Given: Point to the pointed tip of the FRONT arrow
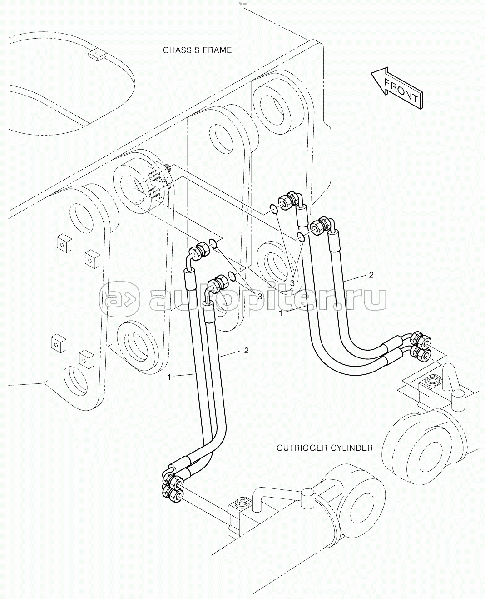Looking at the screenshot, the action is [x=371, y=73].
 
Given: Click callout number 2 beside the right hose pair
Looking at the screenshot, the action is [x=371, y=275].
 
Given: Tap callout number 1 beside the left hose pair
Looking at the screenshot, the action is [x=169, y=378].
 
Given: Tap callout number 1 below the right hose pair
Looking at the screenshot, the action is [x=281, y=313].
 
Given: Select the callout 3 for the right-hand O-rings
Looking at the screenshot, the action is [x=292, y=283].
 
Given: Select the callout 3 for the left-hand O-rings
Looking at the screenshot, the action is [x=260, y=297].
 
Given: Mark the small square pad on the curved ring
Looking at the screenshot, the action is [x=97, y=55].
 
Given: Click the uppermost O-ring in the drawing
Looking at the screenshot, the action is [x=274, y=209].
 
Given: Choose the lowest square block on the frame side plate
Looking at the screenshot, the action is [x=86, y=359].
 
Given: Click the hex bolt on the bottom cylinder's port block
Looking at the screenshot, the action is [x=242, y=502].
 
